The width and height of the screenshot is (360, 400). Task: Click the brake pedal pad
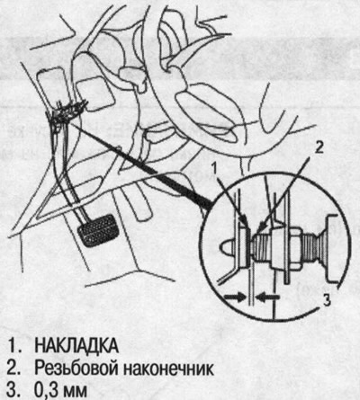click(x=98, y=230)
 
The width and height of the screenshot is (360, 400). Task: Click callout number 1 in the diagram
click(x=213, y=169)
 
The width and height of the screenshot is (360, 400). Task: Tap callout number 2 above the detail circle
click(x=319, y=147)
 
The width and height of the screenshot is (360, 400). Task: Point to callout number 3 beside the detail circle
click(x=327, y=299)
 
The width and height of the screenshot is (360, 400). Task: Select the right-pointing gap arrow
click(x=235, y=298)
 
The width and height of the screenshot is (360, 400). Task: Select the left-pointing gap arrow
click(x=268, y=298)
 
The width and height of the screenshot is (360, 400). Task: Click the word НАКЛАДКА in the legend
click(x=76, y=346)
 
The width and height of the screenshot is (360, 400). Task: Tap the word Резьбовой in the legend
click(x=76, y=369)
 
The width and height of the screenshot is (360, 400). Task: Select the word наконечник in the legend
click(x=168, y=369)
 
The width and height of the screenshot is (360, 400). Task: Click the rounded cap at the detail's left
click(x=228, y=247)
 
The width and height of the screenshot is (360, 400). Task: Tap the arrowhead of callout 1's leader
click(x=246, y=222)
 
